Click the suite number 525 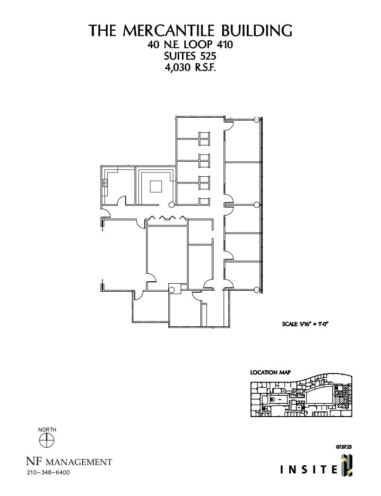(207, 57)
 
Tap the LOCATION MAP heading (270, 373)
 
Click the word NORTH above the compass (47, 429)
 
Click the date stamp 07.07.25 (344, 446)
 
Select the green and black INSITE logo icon (346, 464)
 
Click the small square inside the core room (156, 187)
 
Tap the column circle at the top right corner (257, 120)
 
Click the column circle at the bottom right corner (257, 290)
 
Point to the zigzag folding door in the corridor (167, 218)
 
